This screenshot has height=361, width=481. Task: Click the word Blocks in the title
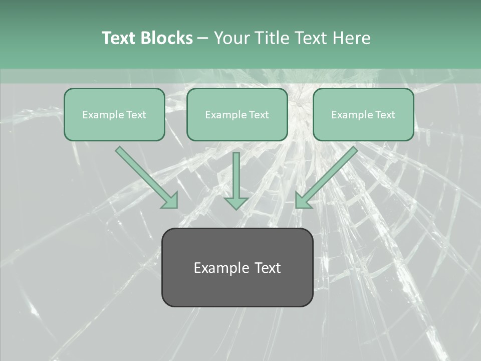(167, 38)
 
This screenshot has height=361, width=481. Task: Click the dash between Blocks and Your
(203, 39)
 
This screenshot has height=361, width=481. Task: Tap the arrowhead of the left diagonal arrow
(170, 201)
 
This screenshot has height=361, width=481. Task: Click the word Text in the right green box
(385, 115)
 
